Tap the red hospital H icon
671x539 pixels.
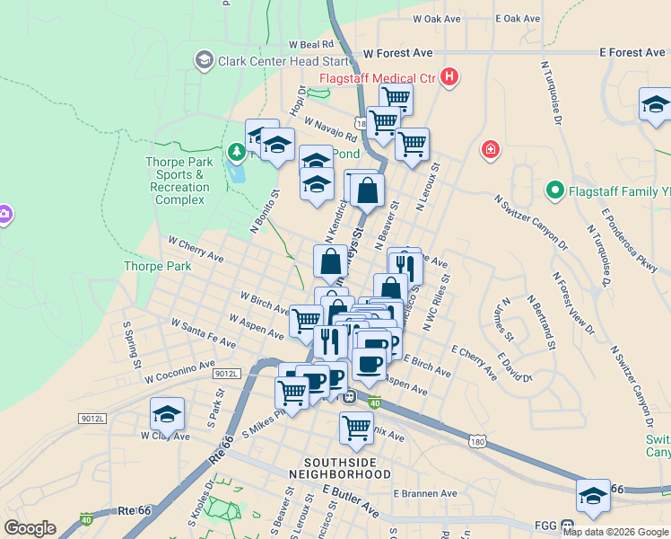[449, 78]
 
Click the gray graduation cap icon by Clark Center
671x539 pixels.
[204, 60]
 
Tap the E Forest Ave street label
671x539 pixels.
[632, 53]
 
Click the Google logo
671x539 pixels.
[30, 528]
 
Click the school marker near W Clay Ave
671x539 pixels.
[167, 414]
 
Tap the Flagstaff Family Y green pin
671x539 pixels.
[554, 190]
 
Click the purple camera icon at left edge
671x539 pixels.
[4, 214]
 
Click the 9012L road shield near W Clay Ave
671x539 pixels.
[92, 419]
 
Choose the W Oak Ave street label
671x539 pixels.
[437, 18]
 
